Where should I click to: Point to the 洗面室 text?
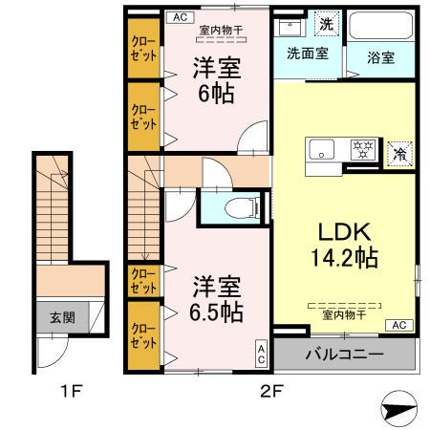point(309,54)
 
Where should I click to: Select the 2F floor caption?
point(272,390)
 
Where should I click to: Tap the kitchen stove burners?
point(362,150)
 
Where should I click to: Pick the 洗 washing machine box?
point(326,21)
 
